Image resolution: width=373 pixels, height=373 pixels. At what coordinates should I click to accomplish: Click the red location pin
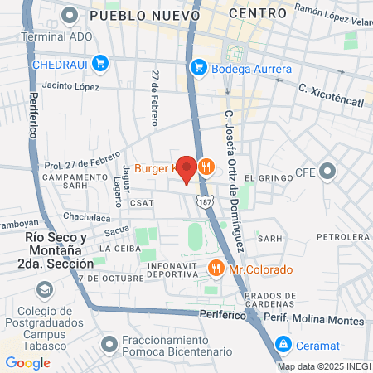click(187, 168)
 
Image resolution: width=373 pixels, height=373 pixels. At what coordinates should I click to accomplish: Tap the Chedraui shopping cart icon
click(100, 63)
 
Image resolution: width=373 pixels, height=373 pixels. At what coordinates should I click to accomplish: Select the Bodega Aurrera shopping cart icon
click(197, 68)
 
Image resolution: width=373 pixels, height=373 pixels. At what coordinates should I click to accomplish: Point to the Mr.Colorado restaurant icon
click(216, 269)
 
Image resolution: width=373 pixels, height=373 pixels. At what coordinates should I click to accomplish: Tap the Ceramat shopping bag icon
click(283, 343)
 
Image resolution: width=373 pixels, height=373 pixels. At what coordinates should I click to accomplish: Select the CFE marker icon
click(328, 173)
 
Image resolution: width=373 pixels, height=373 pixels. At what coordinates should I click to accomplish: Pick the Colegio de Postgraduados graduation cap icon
click(43, 290)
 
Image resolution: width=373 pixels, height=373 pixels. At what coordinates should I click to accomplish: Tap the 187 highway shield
click(205, 201)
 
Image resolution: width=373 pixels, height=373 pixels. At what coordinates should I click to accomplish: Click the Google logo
click(27, 363)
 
